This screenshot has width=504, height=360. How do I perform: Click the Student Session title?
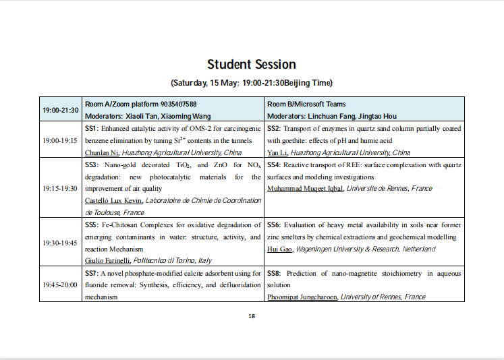pos(252,65)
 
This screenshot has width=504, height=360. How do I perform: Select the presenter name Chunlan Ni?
pos(101,153)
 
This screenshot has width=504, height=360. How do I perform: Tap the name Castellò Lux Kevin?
pos(113,201)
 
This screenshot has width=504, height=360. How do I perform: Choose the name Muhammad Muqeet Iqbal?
pos(306,189)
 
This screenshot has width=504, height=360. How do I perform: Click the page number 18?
pos(252,316)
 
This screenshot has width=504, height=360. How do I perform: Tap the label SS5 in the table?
pos(92,224)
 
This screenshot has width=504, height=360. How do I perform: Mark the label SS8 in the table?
pos(274,273)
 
